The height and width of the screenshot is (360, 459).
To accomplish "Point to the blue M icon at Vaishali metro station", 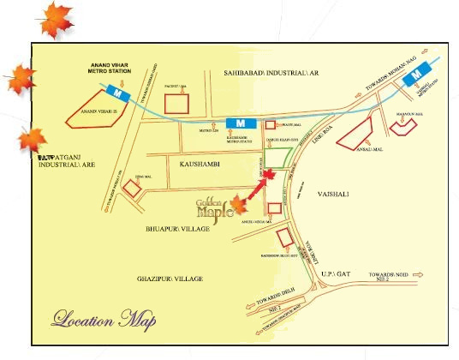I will [415, 76].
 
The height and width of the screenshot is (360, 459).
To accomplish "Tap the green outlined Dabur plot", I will [278, 157].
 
